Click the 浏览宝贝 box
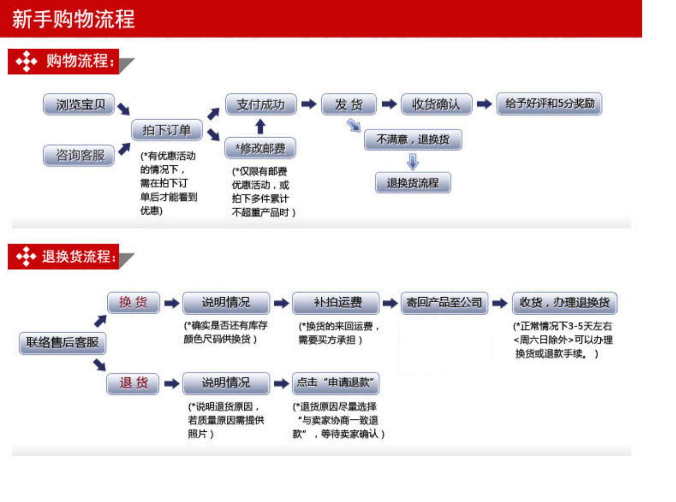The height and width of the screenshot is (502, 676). point(79,104)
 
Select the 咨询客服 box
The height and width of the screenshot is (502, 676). point(79,155)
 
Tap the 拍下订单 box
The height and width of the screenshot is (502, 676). point(167,130)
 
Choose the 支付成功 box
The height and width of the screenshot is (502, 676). point(261,104)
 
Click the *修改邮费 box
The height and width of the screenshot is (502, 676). point(260,148)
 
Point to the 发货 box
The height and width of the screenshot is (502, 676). point(348,104)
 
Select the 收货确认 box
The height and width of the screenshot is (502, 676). point(436,104)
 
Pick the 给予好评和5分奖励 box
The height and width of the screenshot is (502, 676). point(549,104)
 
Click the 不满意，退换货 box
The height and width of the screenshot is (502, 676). point(413,140)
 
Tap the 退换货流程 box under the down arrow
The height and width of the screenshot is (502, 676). point(413,183)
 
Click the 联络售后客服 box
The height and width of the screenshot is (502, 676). point(62,343)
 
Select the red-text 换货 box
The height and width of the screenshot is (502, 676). point(133,302)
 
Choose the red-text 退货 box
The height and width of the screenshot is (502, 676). point(133,383)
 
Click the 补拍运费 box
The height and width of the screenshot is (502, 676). point(336,303)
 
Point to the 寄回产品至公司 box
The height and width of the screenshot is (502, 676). point(444,303)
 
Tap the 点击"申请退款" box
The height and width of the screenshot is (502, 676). point(336,383)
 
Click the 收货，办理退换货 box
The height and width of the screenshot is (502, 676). point(564,303)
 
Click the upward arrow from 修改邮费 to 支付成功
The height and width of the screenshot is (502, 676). point(260,127)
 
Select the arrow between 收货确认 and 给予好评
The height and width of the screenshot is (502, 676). point(484,104)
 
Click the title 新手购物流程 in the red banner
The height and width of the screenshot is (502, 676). point(73,19)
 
